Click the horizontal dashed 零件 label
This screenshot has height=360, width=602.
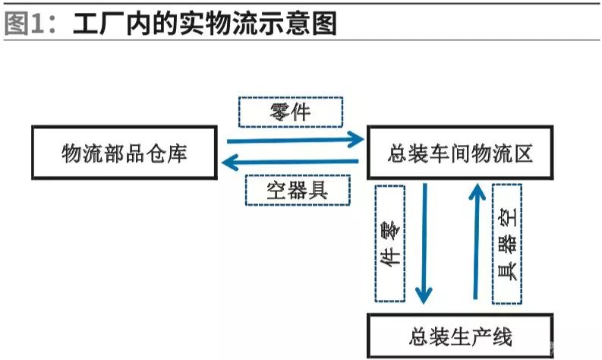pos(290,113)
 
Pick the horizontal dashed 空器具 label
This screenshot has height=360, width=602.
pos(298,191)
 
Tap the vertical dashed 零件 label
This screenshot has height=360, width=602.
pos(389,243)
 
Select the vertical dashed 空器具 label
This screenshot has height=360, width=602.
pos(507,243)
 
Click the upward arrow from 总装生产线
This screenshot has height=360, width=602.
pos(476,240)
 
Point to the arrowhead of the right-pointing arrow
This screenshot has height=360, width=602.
pos(355,140)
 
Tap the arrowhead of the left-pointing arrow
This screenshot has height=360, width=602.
pos(229,162)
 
